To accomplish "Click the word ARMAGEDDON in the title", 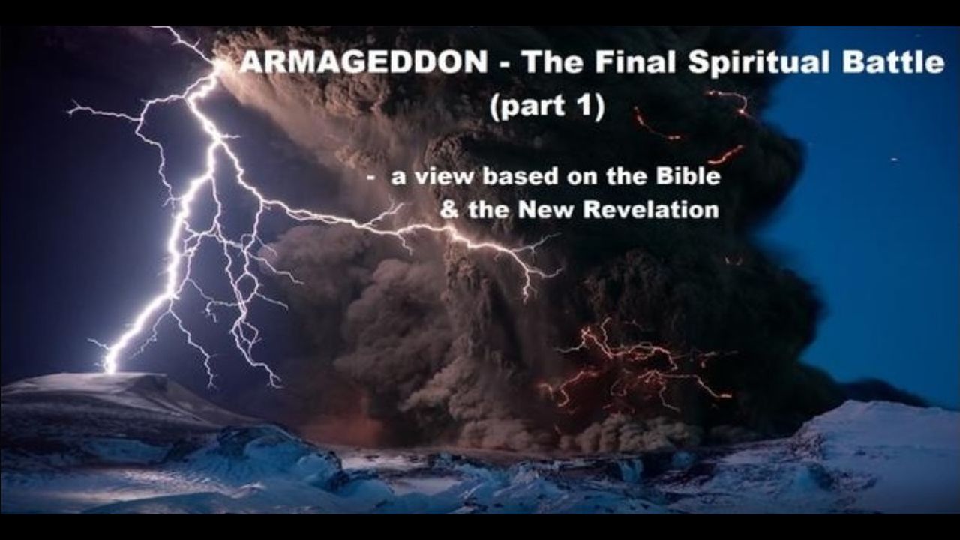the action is click(x=364, y=62).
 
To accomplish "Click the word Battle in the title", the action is click(x=892, y=62).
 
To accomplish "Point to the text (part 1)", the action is click(x=547, y=106).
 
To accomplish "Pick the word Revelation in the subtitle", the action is click(x=651, y=209).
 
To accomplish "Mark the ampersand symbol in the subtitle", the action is click(x=449, y=210).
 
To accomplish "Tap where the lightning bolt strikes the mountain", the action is click(x=110, y=371).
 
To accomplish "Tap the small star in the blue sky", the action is click(x=894, y=160).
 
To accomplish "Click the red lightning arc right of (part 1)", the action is click(x=655, y=127).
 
